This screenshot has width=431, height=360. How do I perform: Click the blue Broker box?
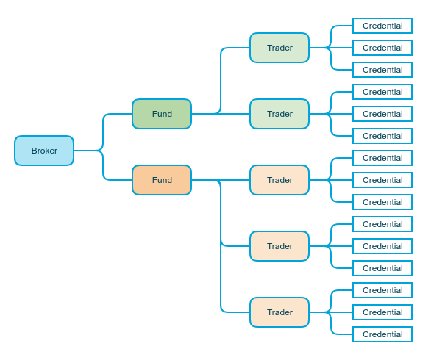44,151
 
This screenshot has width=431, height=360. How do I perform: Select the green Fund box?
162,114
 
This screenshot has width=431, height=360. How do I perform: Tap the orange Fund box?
162,180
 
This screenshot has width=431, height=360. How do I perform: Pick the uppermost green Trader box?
279,48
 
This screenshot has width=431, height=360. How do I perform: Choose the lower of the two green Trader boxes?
279,114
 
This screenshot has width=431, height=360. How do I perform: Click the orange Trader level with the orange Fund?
279,180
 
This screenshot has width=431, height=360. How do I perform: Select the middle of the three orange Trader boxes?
279,246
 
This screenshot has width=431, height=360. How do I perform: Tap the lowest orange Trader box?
279,312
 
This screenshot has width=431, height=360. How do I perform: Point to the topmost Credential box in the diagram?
382,26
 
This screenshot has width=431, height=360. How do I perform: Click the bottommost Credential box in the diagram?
382,334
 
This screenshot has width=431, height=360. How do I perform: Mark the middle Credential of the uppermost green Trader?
382,48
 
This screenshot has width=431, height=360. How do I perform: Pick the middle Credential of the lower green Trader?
382,114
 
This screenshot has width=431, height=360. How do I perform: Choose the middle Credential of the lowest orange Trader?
382,312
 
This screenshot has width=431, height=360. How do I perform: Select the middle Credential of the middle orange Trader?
382,246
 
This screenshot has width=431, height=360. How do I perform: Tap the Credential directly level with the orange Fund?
382,180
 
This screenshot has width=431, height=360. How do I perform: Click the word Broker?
44,151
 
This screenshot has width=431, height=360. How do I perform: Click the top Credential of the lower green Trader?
382,92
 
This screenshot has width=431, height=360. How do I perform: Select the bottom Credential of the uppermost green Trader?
382,70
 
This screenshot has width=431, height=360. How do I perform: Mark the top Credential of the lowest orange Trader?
382,290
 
